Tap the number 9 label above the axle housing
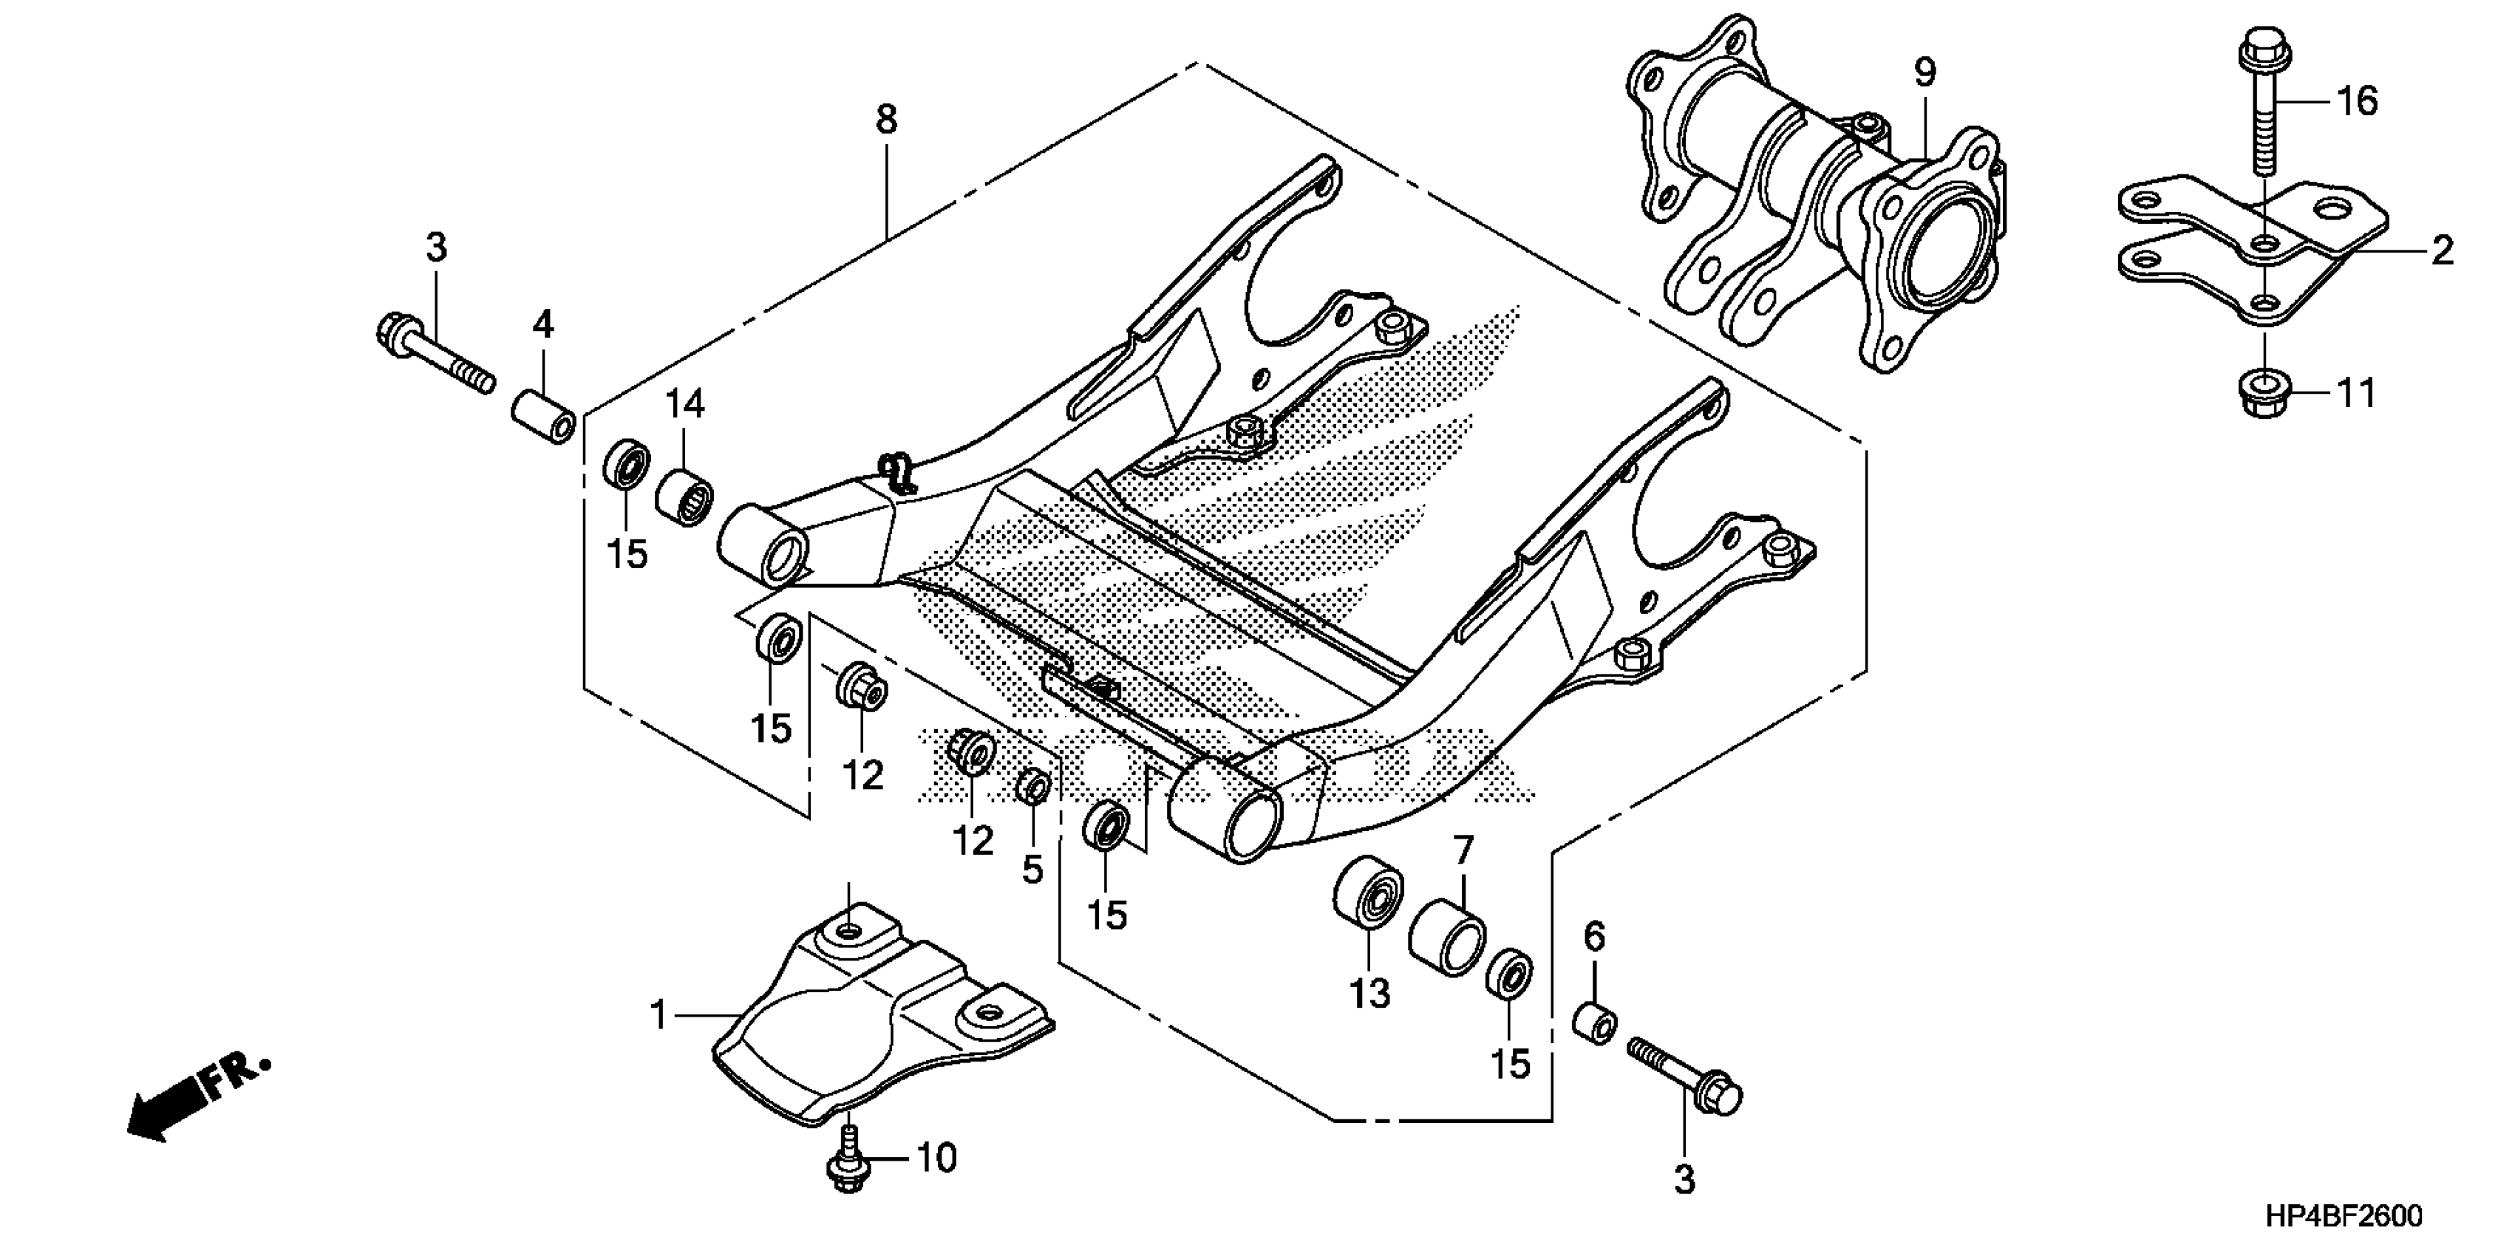point(1924,73)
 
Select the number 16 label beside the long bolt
point(2357,101)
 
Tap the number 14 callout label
point(685,403)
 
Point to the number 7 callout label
point(1462,851)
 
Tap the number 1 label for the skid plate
point(660,1016)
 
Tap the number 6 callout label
point(1593,938)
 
